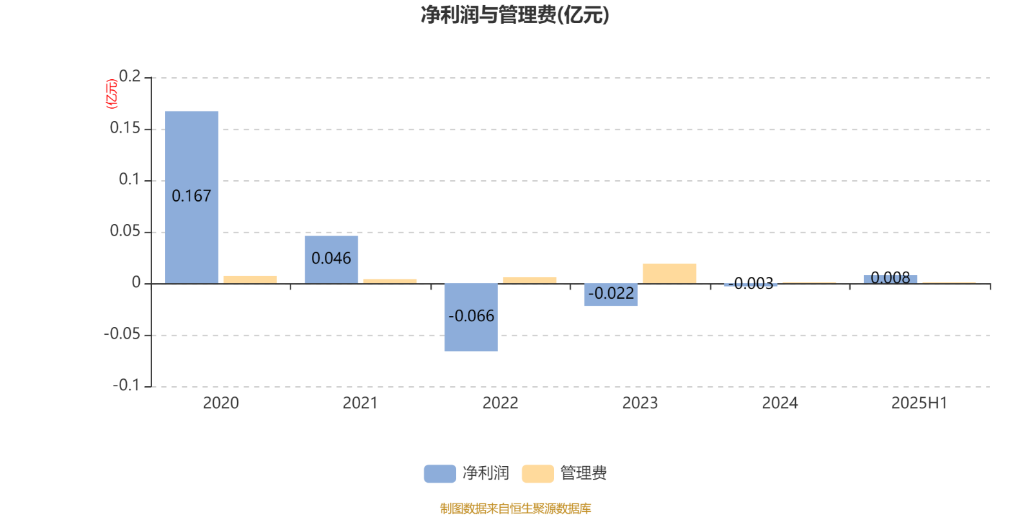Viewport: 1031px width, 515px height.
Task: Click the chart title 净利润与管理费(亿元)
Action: tap(515, 15)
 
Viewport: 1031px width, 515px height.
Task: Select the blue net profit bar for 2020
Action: tap(191, 197)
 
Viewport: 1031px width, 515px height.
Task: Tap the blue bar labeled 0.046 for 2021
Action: tap(331, 260)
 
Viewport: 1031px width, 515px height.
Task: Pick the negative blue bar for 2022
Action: tap(471, 317)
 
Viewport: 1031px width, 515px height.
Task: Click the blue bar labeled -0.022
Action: tap(611, 295)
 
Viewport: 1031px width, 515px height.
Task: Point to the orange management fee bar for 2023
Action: tap(670, 274)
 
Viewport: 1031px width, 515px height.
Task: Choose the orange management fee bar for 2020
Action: tap(250, 279)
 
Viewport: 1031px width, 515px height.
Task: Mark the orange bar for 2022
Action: tap(530, 280)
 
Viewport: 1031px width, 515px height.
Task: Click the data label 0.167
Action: tap(191, 196)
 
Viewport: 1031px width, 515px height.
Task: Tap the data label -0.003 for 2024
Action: tap(751, 283)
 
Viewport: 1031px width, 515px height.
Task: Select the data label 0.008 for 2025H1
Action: tap(891, 277)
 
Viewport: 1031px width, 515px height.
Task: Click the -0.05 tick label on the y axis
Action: tap(122, 334)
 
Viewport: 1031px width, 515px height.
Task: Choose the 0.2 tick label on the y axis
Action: tap(130, 76)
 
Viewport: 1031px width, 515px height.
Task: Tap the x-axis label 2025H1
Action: tap(919, 403)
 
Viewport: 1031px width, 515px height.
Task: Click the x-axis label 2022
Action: tap(500, 403)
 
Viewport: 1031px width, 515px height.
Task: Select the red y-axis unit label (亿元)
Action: tap(112, 94)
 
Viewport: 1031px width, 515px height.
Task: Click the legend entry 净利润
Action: tap(467, 473)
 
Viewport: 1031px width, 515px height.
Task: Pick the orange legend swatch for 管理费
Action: tap(537, 474)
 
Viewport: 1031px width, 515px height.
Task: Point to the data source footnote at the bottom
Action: tap(515, 508)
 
